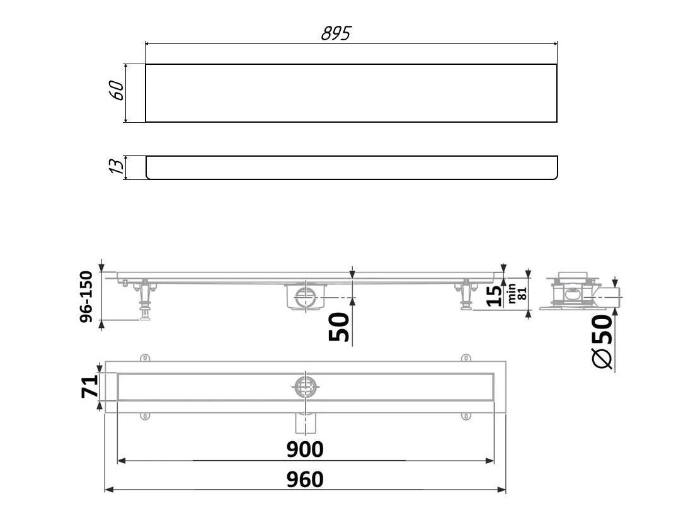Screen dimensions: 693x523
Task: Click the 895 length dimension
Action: [x=336, y=33]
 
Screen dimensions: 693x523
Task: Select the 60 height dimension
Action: [x=118, y=91]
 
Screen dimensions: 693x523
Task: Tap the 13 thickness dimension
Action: [x=117, y=166]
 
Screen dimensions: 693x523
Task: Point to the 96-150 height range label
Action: [x=87, y=296]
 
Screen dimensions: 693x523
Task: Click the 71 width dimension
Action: [x=89, y=386]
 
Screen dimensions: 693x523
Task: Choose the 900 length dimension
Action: [x=305, y=450]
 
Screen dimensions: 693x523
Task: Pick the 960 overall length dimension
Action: [x=305, y=480]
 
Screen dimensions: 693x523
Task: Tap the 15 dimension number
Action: [x=494, y=296]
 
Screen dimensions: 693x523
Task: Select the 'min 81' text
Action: [x=517, y=293]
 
